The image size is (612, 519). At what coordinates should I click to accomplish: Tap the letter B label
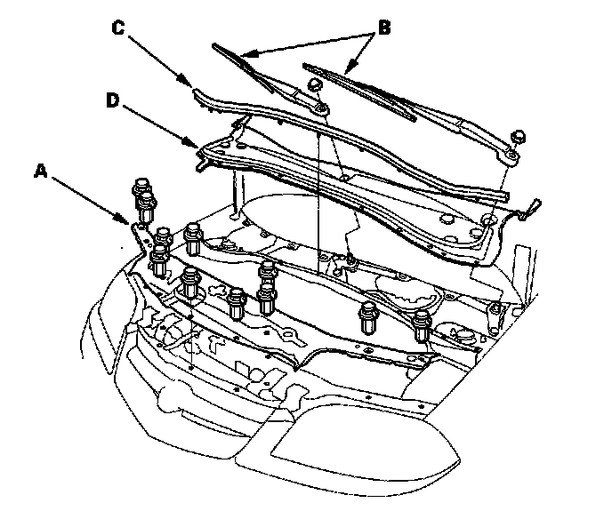point(384,28)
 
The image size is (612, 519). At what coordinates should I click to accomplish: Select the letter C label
point(117,28)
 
